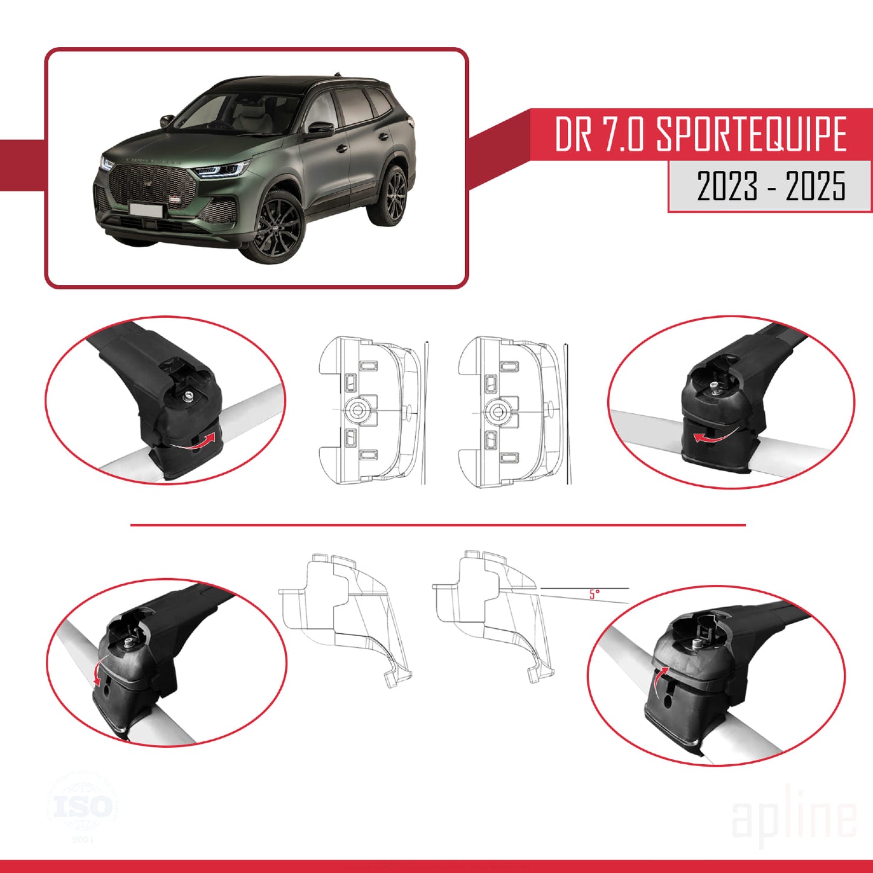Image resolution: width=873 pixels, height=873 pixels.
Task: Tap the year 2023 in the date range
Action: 727,186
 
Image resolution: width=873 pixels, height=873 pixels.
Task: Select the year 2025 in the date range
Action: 815,186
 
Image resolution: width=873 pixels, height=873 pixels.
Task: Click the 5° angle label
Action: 594,594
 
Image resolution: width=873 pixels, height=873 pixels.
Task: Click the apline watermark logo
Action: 794,819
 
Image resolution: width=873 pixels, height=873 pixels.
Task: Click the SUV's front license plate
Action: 146,210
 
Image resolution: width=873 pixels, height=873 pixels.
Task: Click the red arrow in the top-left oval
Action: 201,442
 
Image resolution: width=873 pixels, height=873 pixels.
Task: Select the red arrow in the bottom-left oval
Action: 97,671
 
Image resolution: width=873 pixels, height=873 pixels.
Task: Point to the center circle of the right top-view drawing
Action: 498,411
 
